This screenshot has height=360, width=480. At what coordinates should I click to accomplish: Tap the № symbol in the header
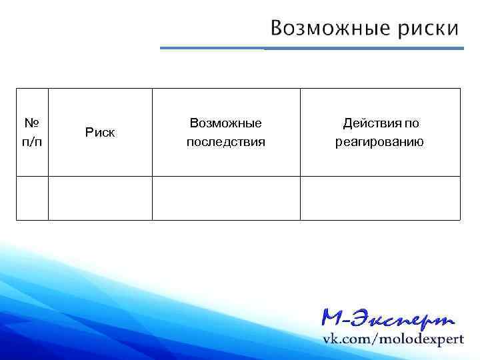point(32,123)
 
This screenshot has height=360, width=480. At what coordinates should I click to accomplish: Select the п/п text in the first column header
point(32,142)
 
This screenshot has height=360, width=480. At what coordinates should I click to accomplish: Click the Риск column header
point(100,132)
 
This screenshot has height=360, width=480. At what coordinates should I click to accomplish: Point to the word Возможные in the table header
point(225,123)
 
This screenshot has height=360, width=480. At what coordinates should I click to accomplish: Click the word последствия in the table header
point(225,142)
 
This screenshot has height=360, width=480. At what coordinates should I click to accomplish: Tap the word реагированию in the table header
point(379,142)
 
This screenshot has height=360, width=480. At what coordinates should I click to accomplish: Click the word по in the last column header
point(412,123)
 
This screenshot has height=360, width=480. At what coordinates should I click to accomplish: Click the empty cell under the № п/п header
point(32,197)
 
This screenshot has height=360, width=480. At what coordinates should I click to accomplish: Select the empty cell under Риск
point(100,197)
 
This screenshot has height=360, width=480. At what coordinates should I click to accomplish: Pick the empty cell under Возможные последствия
point(226,197)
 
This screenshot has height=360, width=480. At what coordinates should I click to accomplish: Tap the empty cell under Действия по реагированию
point(380,197)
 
